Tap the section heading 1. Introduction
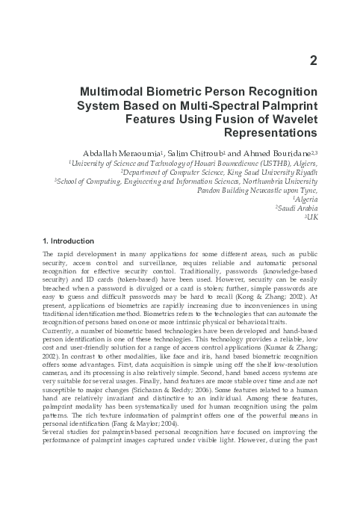coord(69,241)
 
